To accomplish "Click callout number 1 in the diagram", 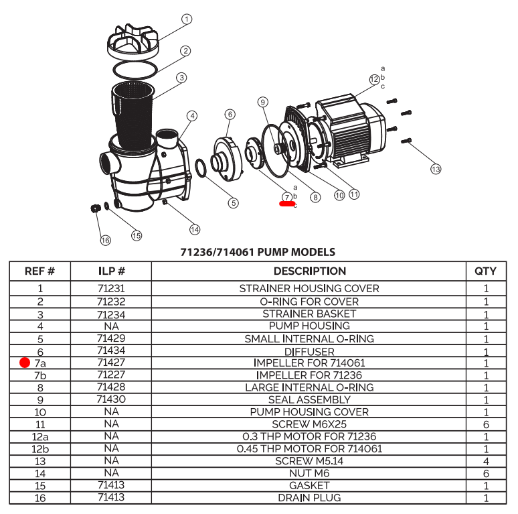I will click(187, 19).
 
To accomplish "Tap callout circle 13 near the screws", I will click(436, 169).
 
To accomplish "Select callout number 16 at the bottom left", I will click(105, 240).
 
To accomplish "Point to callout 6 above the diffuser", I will click(230, 114).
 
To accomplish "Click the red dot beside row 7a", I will click(25, 363).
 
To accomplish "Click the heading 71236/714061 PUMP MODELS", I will click(258, 253).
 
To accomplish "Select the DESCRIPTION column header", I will click(309, 271).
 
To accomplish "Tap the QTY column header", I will click(485, 271).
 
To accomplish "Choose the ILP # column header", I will click(111, 271).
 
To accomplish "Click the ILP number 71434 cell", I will click(111, 350).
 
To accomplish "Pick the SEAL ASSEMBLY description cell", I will click(309, 399).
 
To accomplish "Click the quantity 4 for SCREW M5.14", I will click(485, 461).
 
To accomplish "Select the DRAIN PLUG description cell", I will click(309, 498).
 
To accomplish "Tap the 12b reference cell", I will click(39, 448).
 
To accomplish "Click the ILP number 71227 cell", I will click(111, 375).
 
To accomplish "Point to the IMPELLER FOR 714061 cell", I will click(309, 363).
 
